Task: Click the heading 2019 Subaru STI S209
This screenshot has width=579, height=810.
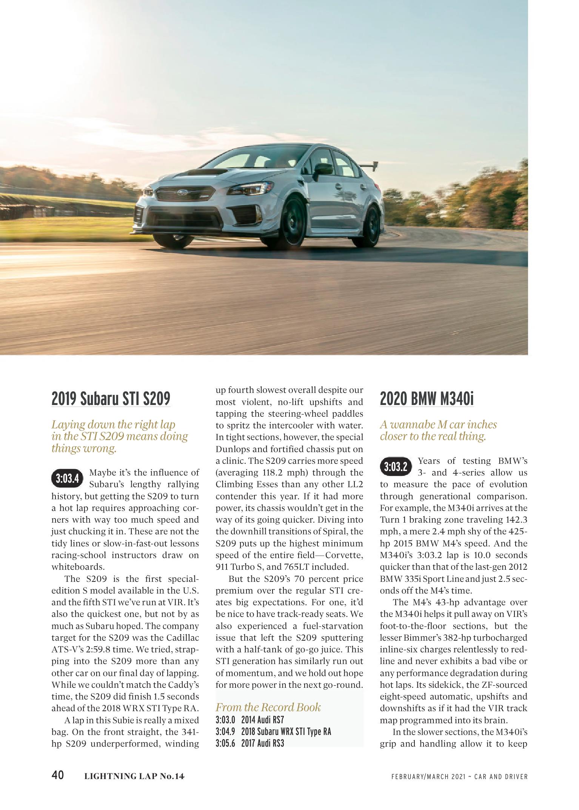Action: click(x=111, y=399)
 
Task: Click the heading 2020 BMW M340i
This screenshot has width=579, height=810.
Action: click(x=427, y=399)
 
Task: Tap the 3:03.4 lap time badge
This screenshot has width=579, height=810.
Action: click(x=67, y=479)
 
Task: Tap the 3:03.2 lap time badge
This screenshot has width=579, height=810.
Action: click(x=396, y=467)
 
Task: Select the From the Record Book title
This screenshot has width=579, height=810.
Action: click(x=268, y=707)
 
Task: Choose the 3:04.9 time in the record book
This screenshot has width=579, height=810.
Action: click(x=225, y=732)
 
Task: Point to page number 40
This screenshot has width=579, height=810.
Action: click(x=58, y=775)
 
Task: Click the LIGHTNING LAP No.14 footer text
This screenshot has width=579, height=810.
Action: click(x=134, y=776)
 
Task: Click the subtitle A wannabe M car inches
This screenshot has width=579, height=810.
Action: click(x=438, y=425)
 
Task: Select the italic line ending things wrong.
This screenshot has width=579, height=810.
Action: click(x=84, y=449)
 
